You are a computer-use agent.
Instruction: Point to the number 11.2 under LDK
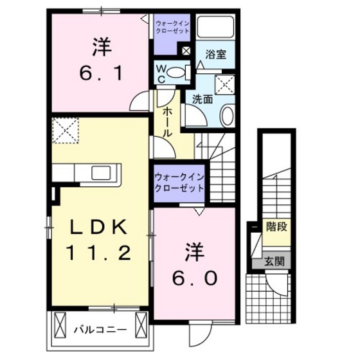(101, 253)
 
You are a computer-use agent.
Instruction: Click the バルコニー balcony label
(100, 330)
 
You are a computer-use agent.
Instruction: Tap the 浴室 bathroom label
(215, 55)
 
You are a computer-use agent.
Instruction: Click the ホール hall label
(167, 122)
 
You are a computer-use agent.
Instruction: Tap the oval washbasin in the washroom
(227, 116)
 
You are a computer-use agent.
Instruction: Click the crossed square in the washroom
(224, 84)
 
